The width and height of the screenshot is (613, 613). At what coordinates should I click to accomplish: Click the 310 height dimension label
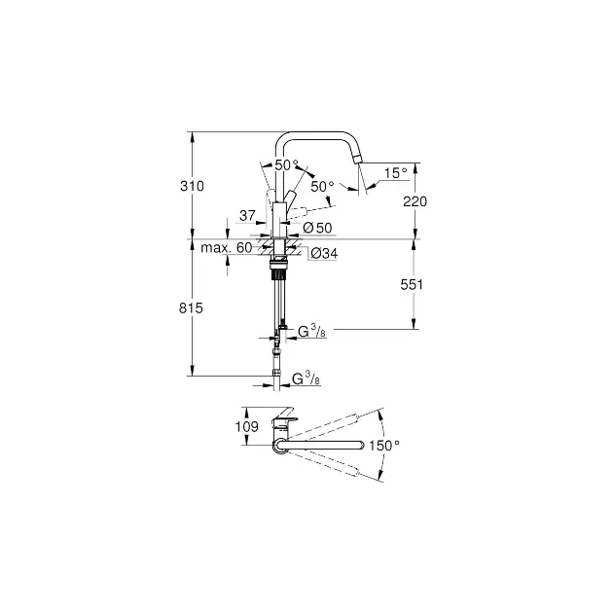[192, 186]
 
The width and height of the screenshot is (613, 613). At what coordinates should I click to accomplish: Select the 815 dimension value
[191, 308]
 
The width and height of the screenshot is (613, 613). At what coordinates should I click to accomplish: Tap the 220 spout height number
[415, 201]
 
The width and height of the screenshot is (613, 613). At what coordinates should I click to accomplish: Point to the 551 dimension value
[412, 284]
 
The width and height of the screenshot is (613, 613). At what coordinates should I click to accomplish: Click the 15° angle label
[396, 173]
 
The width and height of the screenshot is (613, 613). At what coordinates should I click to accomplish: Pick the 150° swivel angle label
[384, 446]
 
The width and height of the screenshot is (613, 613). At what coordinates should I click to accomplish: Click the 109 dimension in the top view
[247, 426]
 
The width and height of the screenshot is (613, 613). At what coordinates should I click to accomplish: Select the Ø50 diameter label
[317, 228]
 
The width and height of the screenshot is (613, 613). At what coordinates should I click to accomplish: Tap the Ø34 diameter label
[324, 254]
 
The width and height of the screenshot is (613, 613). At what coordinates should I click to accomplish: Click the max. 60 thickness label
[227, 248]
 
